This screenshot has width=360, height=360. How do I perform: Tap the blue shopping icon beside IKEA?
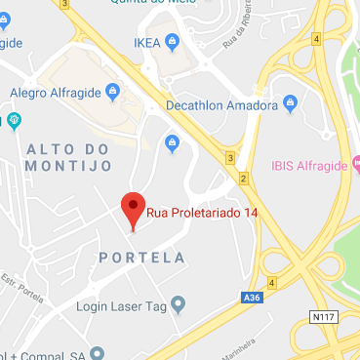[x=174, y=42]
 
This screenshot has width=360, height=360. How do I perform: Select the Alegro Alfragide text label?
[x=55, y=93]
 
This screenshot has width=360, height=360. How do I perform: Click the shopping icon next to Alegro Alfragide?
[x=113, y=93]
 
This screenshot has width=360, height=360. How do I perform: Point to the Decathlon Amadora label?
[x=226, y=104]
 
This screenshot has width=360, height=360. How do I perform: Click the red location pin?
[x=132, y=209]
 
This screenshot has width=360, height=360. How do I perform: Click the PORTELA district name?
[x=142, y=258]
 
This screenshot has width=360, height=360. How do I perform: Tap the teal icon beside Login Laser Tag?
[x=178, y=306]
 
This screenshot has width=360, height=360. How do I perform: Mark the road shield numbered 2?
[x=242, y=178]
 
